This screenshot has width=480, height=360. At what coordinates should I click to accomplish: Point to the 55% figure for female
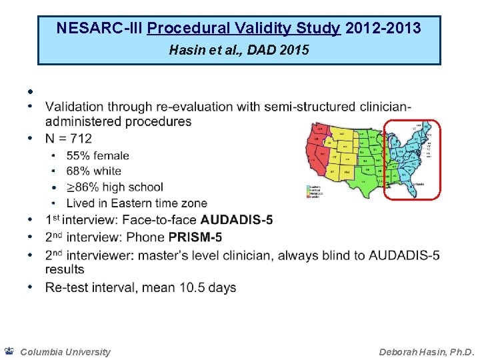coord(78,155)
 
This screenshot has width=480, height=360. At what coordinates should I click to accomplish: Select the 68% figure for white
coord(78,171)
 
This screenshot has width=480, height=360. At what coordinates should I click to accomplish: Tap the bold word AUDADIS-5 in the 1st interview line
coord(237,220)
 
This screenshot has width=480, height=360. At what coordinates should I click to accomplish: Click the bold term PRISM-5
coord(195,237)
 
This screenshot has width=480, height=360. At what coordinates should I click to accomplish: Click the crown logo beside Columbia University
coord(9,351)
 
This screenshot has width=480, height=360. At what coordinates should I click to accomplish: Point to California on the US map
coord(312,155)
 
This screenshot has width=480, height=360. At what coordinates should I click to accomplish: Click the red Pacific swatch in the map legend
coord(309,196)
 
